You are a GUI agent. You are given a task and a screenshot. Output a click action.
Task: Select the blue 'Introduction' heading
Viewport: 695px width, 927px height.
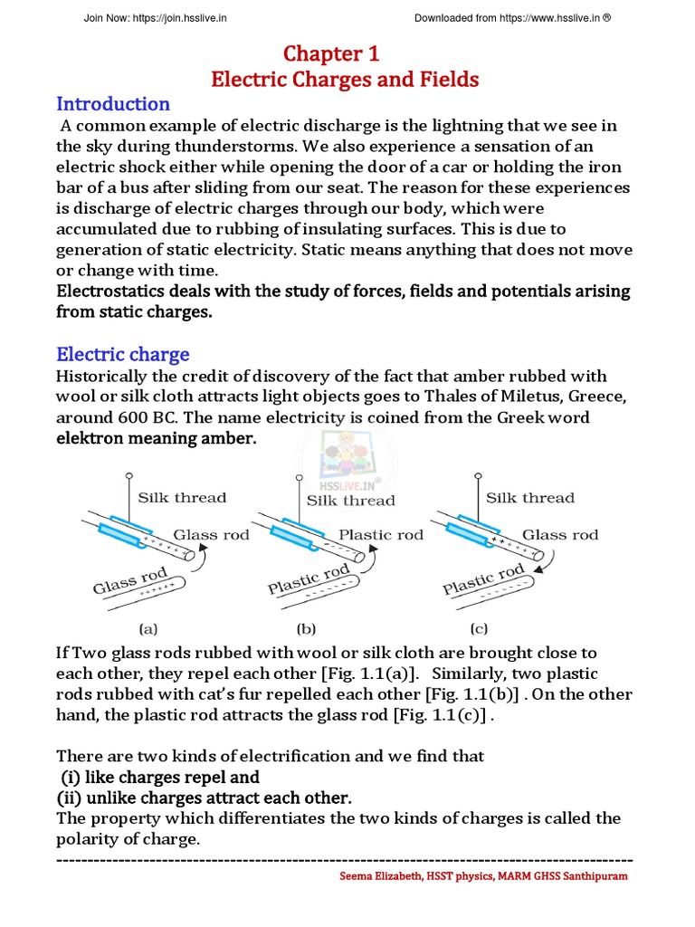[x=113, y=103]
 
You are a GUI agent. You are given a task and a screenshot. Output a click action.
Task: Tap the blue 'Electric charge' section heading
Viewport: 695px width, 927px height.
[x=123, y=354]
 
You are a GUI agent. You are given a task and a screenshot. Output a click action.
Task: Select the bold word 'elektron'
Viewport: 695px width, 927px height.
[x=91, y=438]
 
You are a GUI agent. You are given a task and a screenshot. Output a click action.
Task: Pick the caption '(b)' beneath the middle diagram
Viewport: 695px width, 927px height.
[x=306, y=626]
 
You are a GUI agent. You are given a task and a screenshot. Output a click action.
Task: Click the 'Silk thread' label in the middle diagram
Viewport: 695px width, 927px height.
[x=350, y=500]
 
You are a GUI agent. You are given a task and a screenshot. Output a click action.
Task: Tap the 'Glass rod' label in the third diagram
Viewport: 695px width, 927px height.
[x=560, y=534]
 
